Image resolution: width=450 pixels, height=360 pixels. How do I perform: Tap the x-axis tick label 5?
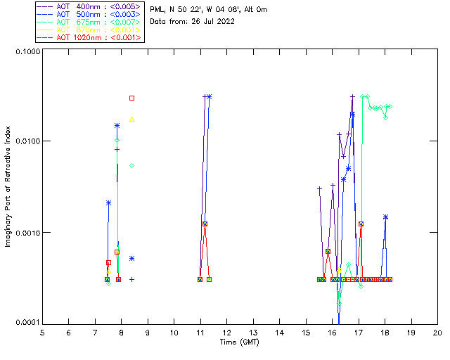click(42, 332)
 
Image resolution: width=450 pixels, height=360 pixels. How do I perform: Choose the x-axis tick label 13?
click(253, 332)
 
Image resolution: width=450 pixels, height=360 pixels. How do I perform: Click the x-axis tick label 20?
click(437, 332)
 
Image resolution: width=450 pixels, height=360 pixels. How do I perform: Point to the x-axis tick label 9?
click(148, 332)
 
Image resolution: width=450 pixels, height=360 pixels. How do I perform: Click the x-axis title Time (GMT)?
click(239, 342)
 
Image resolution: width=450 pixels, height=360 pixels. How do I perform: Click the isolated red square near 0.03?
click(131, 98)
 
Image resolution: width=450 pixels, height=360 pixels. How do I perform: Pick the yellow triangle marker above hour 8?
click(131, 120)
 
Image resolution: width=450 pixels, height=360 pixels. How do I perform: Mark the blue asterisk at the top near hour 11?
click(209, 96)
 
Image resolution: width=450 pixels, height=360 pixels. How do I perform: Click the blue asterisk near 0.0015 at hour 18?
click(385, 217)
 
